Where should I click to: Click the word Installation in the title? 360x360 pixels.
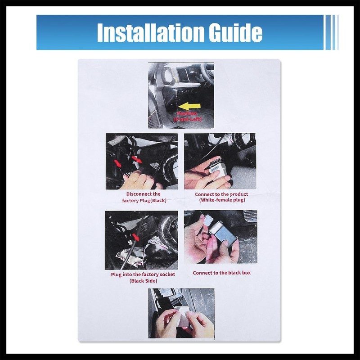click(x=145, y=32)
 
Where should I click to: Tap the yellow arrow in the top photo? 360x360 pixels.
click(x=189, y=106)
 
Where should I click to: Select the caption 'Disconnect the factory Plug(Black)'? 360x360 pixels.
click(x=141, y=197)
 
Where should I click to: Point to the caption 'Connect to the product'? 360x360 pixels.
click(x=221, y=194)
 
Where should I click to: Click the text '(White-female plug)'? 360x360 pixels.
click(x=222, y=200)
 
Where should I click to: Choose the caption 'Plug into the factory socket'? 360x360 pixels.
click(x=143, y=274)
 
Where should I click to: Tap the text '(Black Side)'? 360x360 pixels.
click(x=143, y=281)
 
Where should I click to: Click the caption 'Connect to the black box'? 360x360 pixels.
click(x=222, y=273)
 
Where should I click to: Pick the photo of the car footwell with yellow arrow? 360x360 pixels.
click(x=181, y=95)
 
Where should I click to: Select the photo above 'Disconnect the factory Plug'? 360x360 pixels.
click(x=141, y=161)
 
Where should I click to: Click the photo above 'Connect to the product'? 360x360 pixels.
click(x=220, y=161)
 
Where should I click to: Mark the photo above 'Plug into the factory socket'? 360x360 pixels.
click(x=141, y=240)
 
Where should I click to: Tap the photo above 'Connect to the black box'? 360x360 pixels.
click(x=220, y=237)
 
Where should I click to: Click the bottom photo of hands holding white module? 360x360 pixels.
click(x=181, y=313)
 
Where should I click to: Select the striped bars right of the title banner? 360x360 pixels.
click(x=332, y=32)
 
